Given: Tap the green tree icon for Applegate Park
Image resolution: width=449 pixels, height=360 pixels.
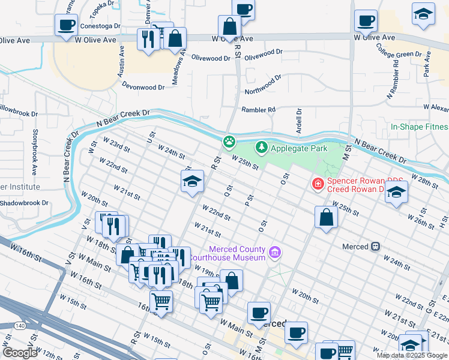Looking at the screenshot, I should pyautogui.click(x=261, y=147).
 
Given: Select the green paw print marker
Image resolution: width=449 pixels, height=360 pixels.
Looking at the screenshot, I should pyautogui.click(x=229, y=142).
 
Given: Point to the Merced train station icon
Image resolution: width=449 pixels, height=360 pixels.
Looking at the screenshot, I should pyautogui.click(x=376, y=246).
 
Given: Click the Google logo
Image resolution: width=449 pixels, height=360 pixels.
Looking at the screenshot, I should pyautogui.click(x=20, y=353).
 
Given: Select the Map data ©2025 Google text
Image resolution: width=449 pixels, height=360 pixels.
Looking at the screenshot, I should pyautogui.click(x=412, y=355).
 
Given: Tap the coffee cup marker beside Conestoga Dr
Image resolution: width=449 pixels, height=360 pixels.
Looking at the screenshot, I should pyautogui.click(x=66, y=25).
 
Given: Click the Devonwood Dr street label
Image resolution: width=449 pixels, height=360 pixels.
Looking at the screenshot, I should pyautogui.click(x=143, y=87).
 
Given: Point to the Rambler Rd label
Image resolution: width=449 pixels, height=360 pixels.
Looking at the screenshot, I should pyautogui.click(x=258, y=110).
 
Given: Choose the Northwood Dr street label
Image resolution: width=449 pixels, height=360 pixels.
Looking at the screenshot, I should pyautogui.click(x=263, y=85).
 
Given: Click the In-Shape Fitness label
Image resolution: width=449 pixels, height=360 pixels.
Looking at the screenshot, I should pyautogui.click(x=419, y=127).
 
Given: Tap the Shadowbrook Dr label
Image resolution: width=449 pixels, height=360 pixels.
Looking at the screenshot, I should pyautogui.click(x=24, y=203).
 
